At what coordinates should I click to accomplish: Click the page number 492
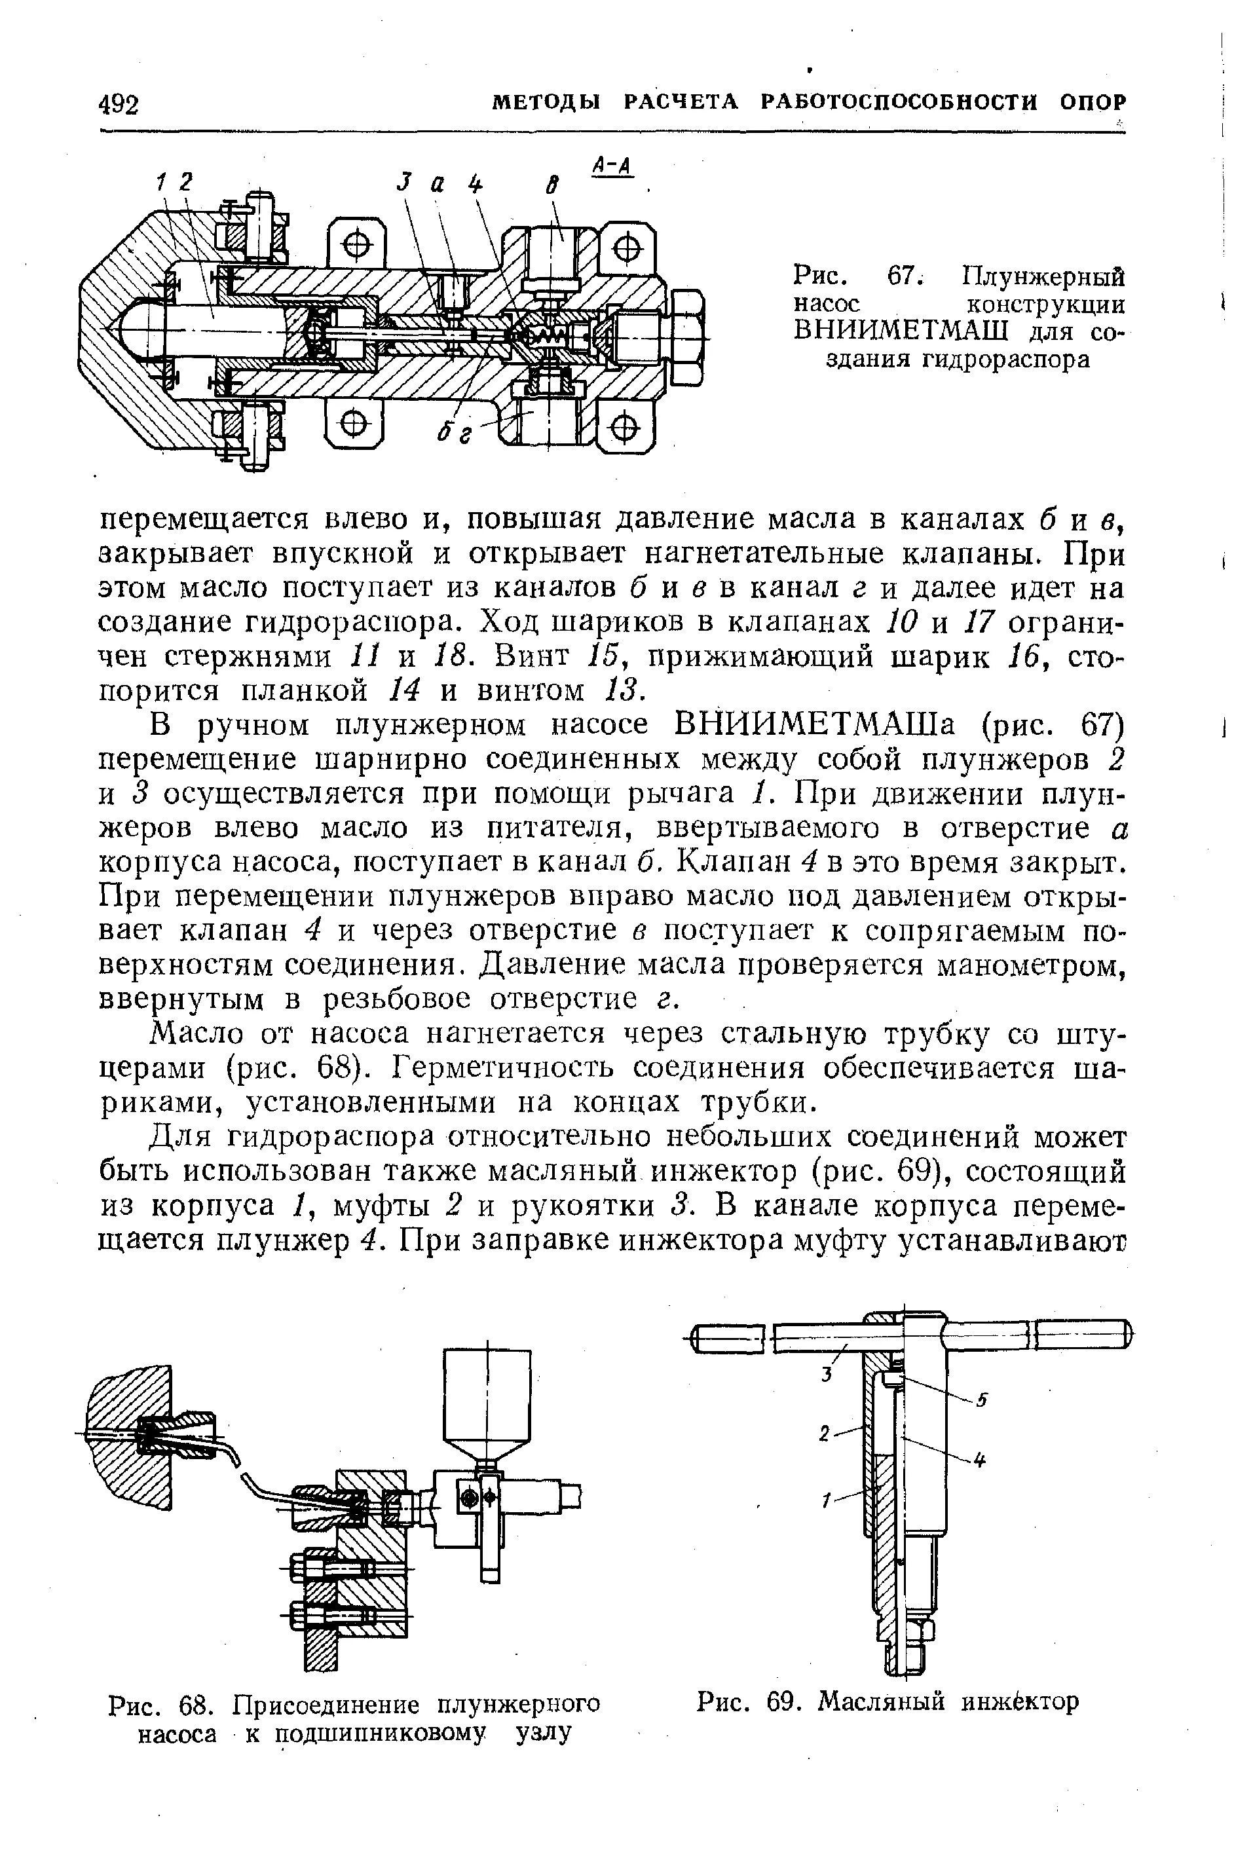point(119,104)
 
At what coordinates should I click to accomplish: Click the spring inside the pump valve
point(546,337)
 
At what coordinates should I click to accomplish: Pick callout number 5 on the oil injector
point(982,1400)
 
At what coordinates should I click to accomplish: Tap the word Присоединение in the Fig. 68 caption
point(327,1704)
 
